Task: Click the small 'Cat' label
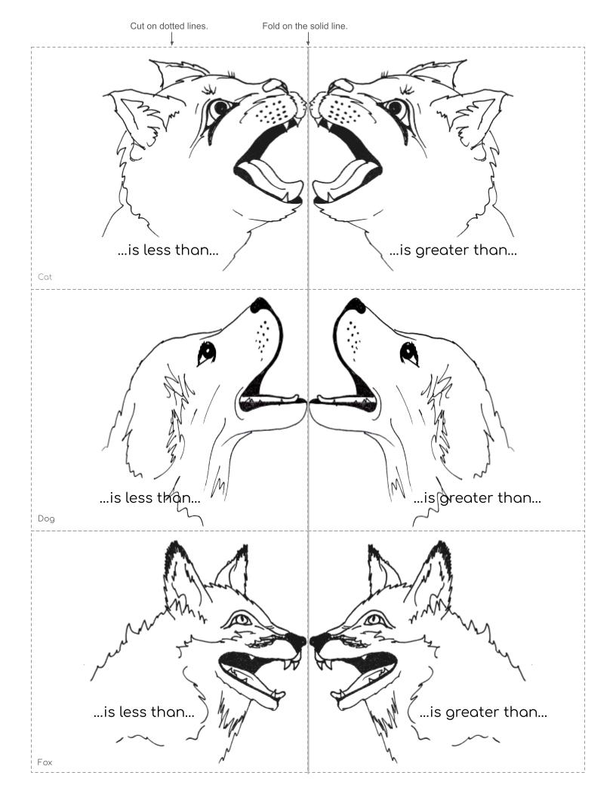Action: (x=45, y=277)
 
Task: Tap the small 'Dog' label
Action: (x=46, y=519)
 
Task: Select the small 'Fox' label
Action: (x=45, y=762)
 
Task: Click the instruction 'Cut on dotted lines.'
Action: (x=169, y=26)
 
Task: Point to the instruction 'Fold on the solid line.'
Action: (x=305, y=26)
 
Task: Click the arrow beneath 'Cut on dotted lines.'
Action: (x=172, y=38)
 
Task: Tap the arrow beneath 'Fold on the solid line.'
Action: (x=308, y=38)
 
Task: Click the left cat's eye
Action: (x=221, y=108)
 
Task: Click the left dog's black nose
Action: (x=261, y=305)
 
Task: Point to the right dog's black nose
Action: (x=355, y=305)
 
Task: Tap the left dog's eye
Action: (x=207, y=352)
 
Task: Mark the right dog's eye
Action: (x=409, y=352)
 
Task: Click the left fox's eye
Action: (x=242, y=620)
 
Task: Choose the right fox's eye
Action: (x=374, y=620)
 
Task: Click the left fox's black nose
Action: (x=297, y=642)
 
